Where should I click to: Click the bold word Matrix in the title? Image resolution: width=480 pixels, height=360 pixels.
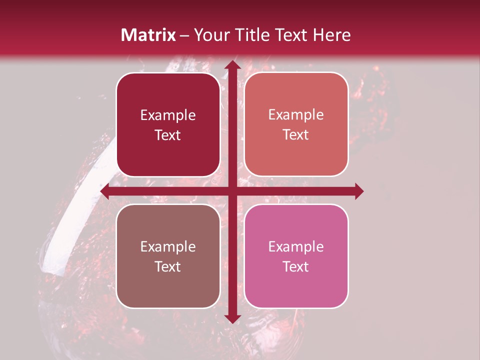[148, 35]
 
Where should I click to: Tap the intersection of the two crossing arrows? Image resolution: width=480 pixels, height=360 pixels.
[231, 191]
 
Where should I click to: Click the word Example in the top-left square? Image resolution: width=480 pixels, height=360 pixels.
[168, 115]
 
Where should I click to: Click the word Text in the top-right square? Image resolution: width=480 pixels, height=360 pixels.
[296, 135]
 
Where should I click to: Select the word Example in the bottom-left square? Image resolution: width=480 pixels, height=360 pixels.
[168, 246]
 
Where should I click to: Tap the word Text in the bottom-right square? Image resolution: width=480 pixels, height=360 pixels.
[296, 266]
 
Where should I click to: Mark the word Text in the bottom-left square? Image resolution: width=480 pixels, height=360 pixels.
[168, 266]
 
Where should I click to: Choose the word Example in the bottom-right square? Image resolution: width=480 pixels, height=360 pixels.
[296, 246]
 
